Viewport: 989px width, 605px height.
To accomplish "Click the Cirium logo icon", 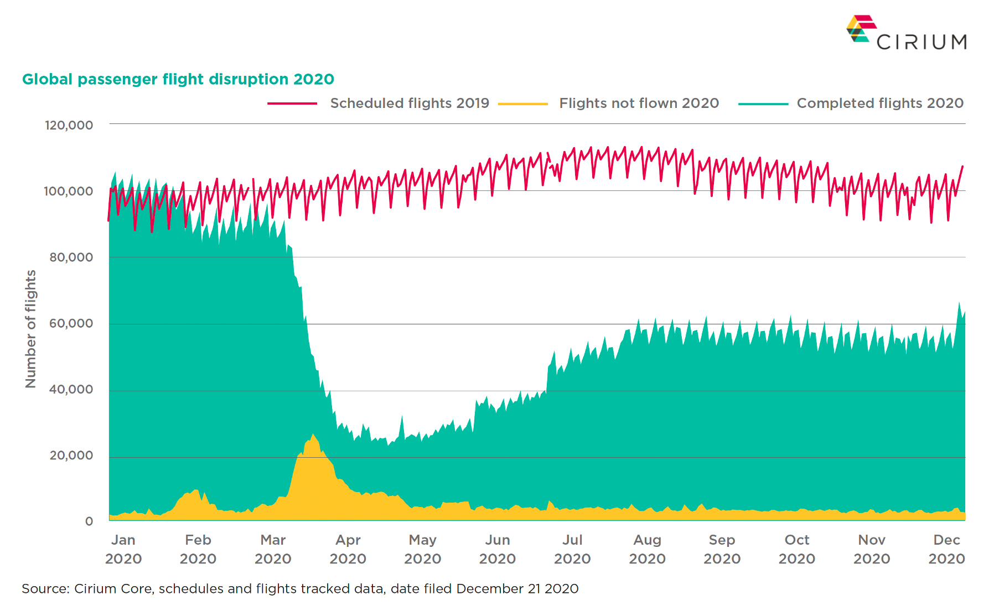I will pos(861,29).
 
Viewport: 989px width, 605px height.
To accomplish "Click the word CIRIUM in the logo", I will pos(921,42).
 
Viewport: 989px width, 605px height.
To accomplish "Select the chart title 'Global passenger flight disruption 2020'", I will pos(178,79).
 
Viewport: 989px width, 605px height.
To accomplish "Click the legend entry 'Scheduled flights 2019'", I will pos(410,103).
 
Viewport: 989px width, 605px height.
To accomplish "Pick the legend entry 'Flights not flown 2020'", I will pos(639,103).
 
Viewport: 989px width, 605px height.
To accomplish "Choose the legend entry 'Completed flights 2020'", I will pos(880,103).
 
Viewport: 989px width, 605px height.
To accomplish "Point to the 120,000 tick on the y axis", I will pos(69,125).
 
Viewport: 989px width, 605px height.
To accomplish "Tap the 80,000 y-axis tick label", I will pos(71,257).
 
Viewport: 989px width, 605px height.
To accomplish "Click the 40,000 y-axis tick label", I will pos(71,390).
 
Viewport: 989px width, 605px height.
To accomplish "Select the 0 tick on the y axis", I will pos(89,521).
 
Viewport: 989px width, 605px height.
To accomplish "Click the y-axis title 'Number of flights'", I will pos(30,329).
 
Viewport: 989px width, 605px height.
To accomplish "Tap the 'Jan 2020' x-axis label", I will pos(123,549).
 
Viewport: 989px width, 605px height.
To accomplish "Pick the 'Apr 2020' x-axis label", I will pos(348,549).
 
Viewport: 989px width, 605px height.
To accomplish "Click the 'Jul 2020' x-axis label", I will pos(572,549).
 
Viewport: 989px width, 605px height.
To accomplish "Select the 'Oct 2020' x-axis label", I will pos(796,549).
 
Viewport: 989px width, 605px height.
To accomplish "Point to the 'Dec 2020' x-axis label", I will pos(946,549).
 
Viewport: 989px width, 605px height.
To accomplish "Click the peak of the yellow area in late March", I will pos(313,435).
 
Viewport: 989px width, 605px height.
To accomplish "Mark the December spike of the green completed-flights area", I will pos(959,303).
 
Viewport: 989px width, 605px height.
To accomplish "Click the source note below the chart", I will pos(300,588).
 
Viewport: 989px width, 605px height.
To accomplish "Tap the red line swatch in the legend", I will pos(292,104).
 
